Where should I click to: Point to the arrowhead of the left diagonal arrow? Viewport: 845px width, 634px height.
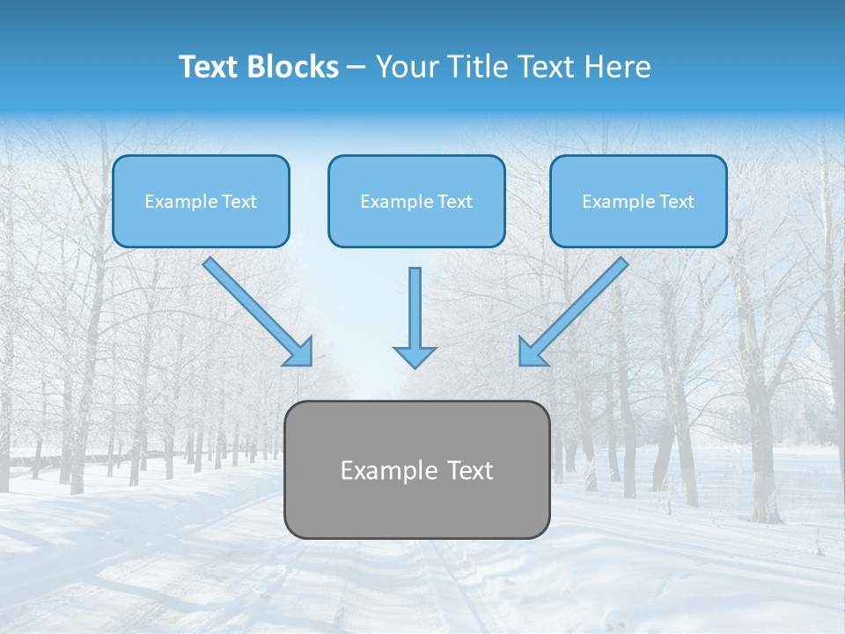[299, 352]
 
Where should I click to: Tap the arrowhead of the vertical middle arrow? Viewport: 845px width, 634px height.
[415, 356]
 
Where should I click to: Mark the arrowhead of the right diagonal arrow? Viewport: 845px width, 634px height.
[532, 352]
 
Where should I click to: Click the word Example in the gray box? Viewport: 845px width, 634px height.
[380, 471]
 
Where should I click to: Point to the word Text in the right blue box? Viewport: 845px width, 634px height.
[676, 202]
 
